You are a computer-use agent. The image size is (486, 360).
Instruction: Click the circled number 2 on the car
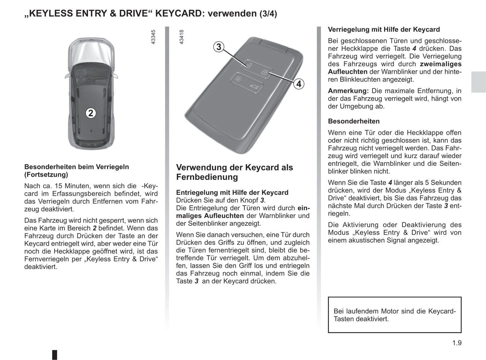pyautogui.click(x=90, y=113)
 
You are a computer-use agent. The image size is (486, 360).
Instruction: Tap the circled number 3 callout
pyautogui.click(x=219, y=47)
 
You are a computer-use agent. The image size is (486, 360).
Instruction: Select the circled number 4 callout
pyautogui.click(x=299, y=84)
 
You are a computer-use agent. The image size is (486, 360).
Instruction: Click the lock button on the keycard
pyautogui.click(x=265, y=72)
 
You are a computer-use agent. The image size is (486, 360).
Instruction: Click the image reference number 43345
pyautogui.click(x=153, y=37)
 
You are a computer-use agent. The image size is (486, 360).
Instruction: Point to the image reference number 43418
pyautogui.click(x=182, y=37)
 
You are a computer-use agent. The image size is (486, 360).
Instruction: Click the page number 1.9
pyautogui.click(x=457, y=343)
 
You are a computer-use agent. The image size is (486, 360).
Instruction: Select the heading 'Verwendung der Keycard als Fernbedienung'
pyautogui.click(x=234, y=172)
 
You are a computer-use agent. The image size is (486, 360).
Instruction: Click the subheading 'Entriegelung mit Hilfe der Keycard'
pyautogui.click(x=232, y=192)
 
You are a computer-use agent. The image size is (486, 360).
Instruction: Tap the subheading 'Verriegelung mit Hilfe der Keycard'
pyautogui.click(x=384, y=30)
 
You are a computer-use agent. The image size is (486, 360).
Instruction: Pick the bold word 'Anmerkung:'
pyautogui.click(x=348, y=91)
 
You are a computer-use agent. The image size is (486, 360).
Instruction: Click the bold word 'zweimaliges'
pyautogui.click(x=441, y=64)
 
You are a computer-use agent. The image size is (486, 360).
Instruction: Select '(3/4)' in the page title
pyautogui.click(x=268, y=14)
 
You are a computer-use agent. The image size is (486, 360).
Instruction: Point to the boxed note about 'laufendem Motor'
pyautogui.click(x=395, y=315)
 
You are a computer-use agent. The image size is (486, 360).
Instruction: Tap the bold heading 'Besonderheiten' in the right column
pyautogui.click(x=354, y=121)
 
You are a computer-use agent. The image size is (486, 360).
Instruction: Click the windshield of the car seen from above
pyautogui.click(x=91, y=72)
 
